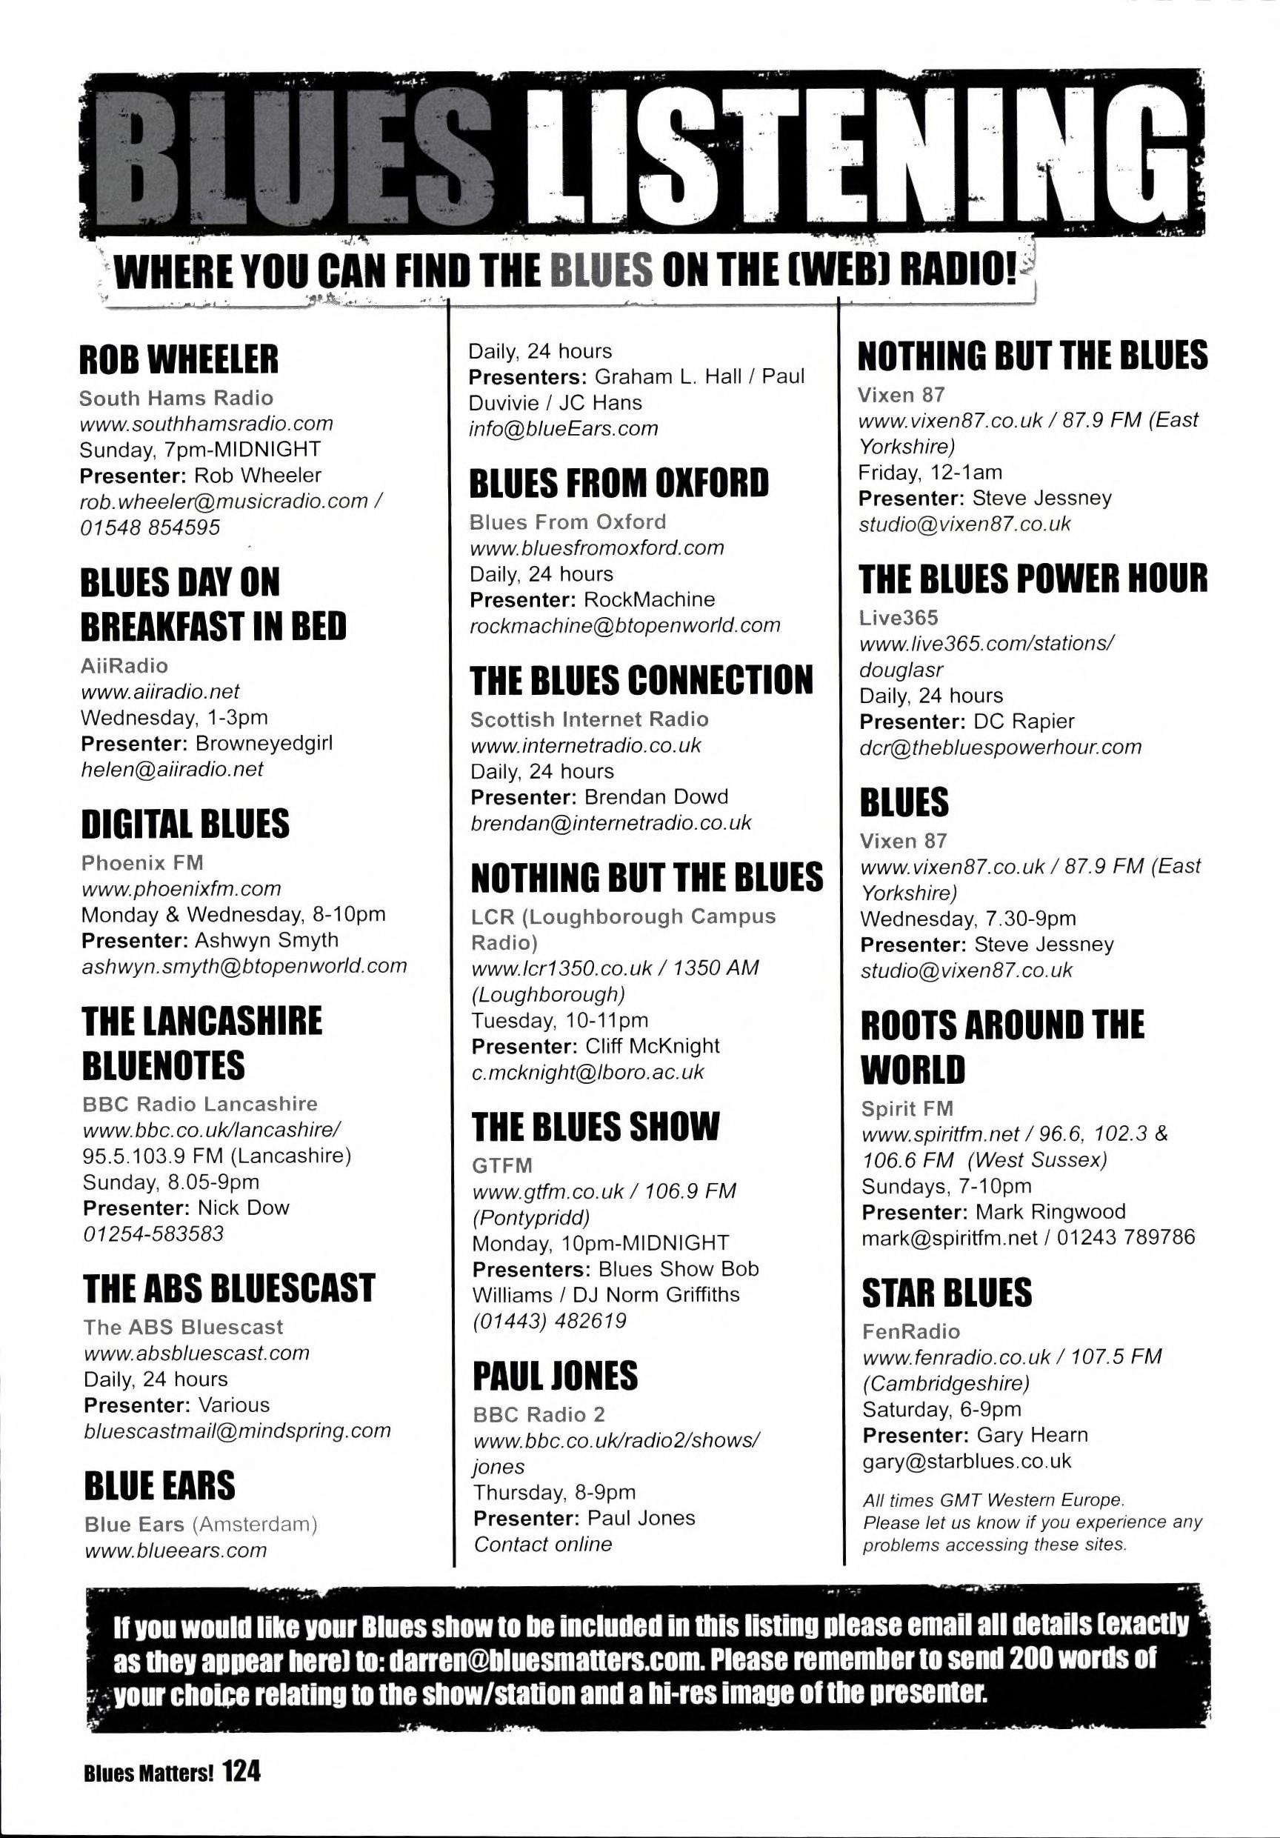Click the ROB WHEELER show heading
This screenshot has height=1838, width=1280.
[179, 359]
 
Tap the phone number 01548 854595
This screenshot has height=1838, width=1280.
[150, 527]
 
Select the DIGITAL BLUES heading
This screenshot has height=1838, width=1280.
[185, 824]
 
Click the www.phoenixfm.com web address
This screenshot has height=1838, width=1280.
[181, 888]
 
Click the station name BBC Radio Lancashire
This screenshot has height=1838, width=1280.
[200, 1104]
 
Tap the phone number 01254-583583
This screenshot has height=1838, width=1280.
[153, 1233]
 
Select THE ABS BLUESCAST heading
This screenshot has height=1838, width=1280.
[229, 1288]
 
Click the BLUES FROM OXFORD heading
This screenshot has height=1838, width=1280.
[619, 484]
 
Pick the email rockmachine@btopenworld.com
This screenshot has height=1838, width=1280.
[624, 625]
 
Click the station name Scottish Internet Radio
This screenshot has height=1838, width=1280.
[589, 719]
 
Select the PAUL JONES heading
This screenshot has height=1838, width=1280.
[555, 1376]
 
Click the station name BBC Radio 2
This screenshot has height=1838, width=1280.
[539, 1414]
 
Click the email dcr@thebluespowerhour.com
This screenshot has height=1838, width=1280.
[1001, 747]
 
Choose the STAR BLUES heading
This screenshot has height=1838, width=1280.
[946, 1293]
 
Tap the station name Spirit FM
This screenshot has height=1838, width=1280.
[907, 1109]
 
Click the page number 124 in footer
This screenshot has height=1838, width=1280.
[241, 1771]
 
